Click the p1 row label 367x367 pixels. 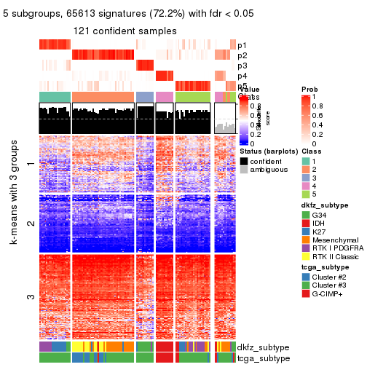coord(242,45)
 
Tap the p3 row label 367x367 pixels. coord(242,66)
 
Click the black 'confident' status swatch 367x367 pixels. coord(244,160)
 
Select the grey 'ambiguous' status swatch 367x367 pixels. coord(244,170)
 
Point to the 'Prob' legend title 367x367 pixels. coord(309,90)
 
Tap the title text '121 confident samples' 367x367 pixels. coord(125,31)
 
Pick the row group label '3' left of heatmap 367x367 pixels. coord(30,296)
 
